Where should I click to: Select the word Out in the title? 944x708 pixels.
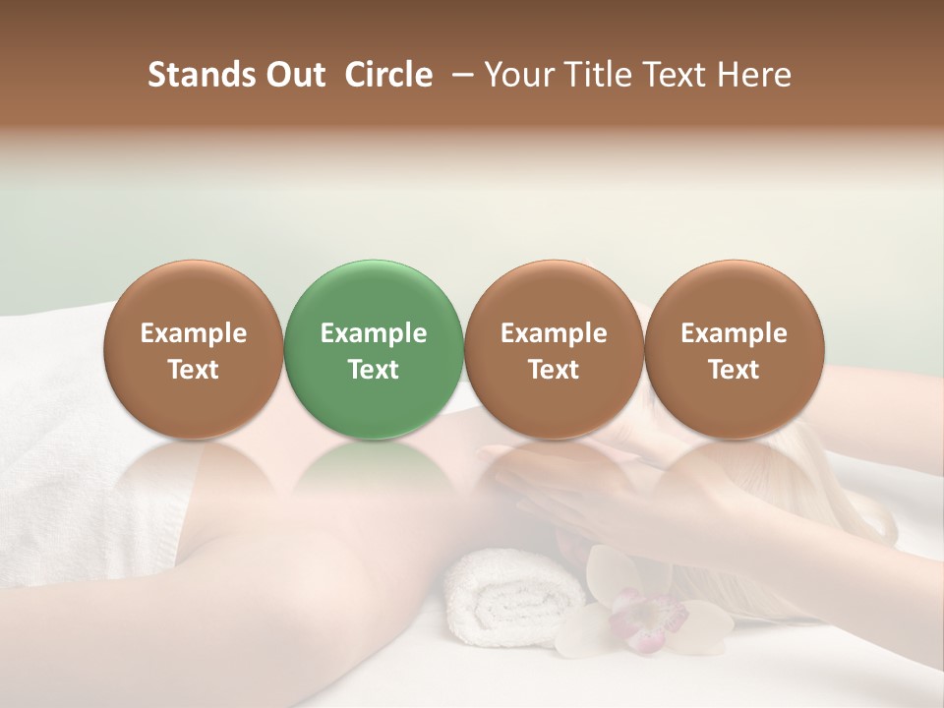(x=292, y=75)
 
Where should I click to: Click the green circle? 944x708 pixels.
(x=374, y=349)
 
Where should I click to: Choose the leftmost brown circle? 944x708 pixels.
(x=194, y=349)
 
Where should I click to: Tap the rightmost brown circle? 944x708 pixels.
(x=734, y=349)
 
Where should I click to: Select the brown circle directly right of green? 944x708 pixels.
(x=554, y=349)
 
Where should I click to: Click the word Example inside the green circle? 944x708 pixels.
(x=374, y=333)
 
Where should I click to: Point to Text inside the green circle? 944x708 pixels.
(x=374, y=370)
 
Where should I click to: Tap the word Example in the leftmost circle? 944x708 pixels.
(x=194, y=333)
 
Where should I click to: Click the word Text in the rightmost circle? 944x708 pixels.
(x=734, y=370)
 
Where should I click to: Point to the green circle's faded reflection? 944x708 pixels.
(x=374, y=472)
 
